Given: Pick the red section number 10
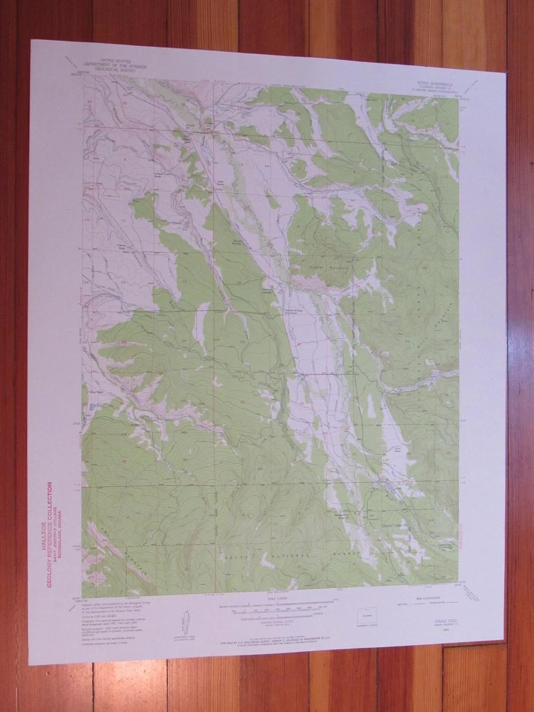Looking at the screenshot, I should click(x=87, y=220).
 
